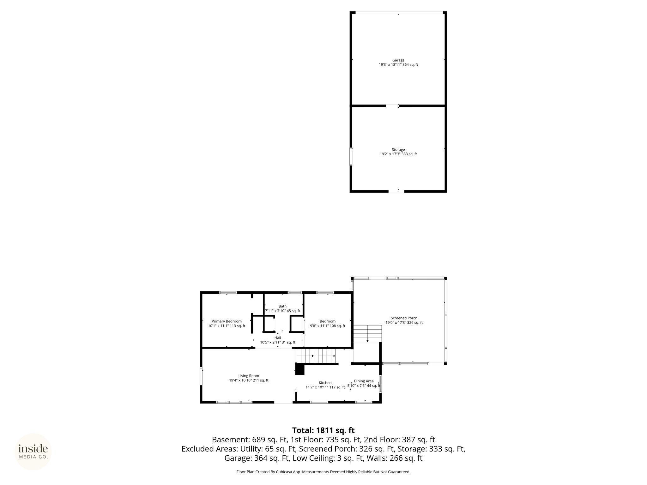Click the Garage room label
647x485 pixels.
pos(398,60)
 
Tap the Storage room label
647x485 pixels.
pos(398,150)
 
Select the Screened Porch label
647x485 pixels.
pos(404,318)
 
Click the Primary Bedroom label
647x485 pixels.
pos(227,321)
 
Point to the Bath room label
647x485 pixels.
pos(282,306)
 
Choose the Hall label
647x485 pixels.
pos(278,338)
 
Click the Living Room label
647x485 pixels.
pos(249,376)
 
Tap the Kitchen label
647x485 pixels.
pos(325,383)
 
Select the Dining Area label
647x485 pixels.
pos(364,381)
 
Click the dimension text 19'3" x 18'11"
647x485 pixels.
pos(390,65)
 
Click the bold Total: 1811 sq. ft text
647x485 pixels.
pos(323,430)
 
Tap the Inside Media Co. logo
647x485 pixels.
pos(33,452)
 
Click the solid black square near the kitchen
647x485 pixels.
pos(299,369)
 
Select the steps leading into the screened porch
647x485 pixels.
pos(367,333)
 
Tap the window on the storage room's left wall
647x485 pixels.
pos(351,156)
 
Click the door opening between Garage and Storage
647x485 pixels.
pos(392,105)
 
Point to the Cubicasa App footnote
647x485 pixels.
pos(323,472)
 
